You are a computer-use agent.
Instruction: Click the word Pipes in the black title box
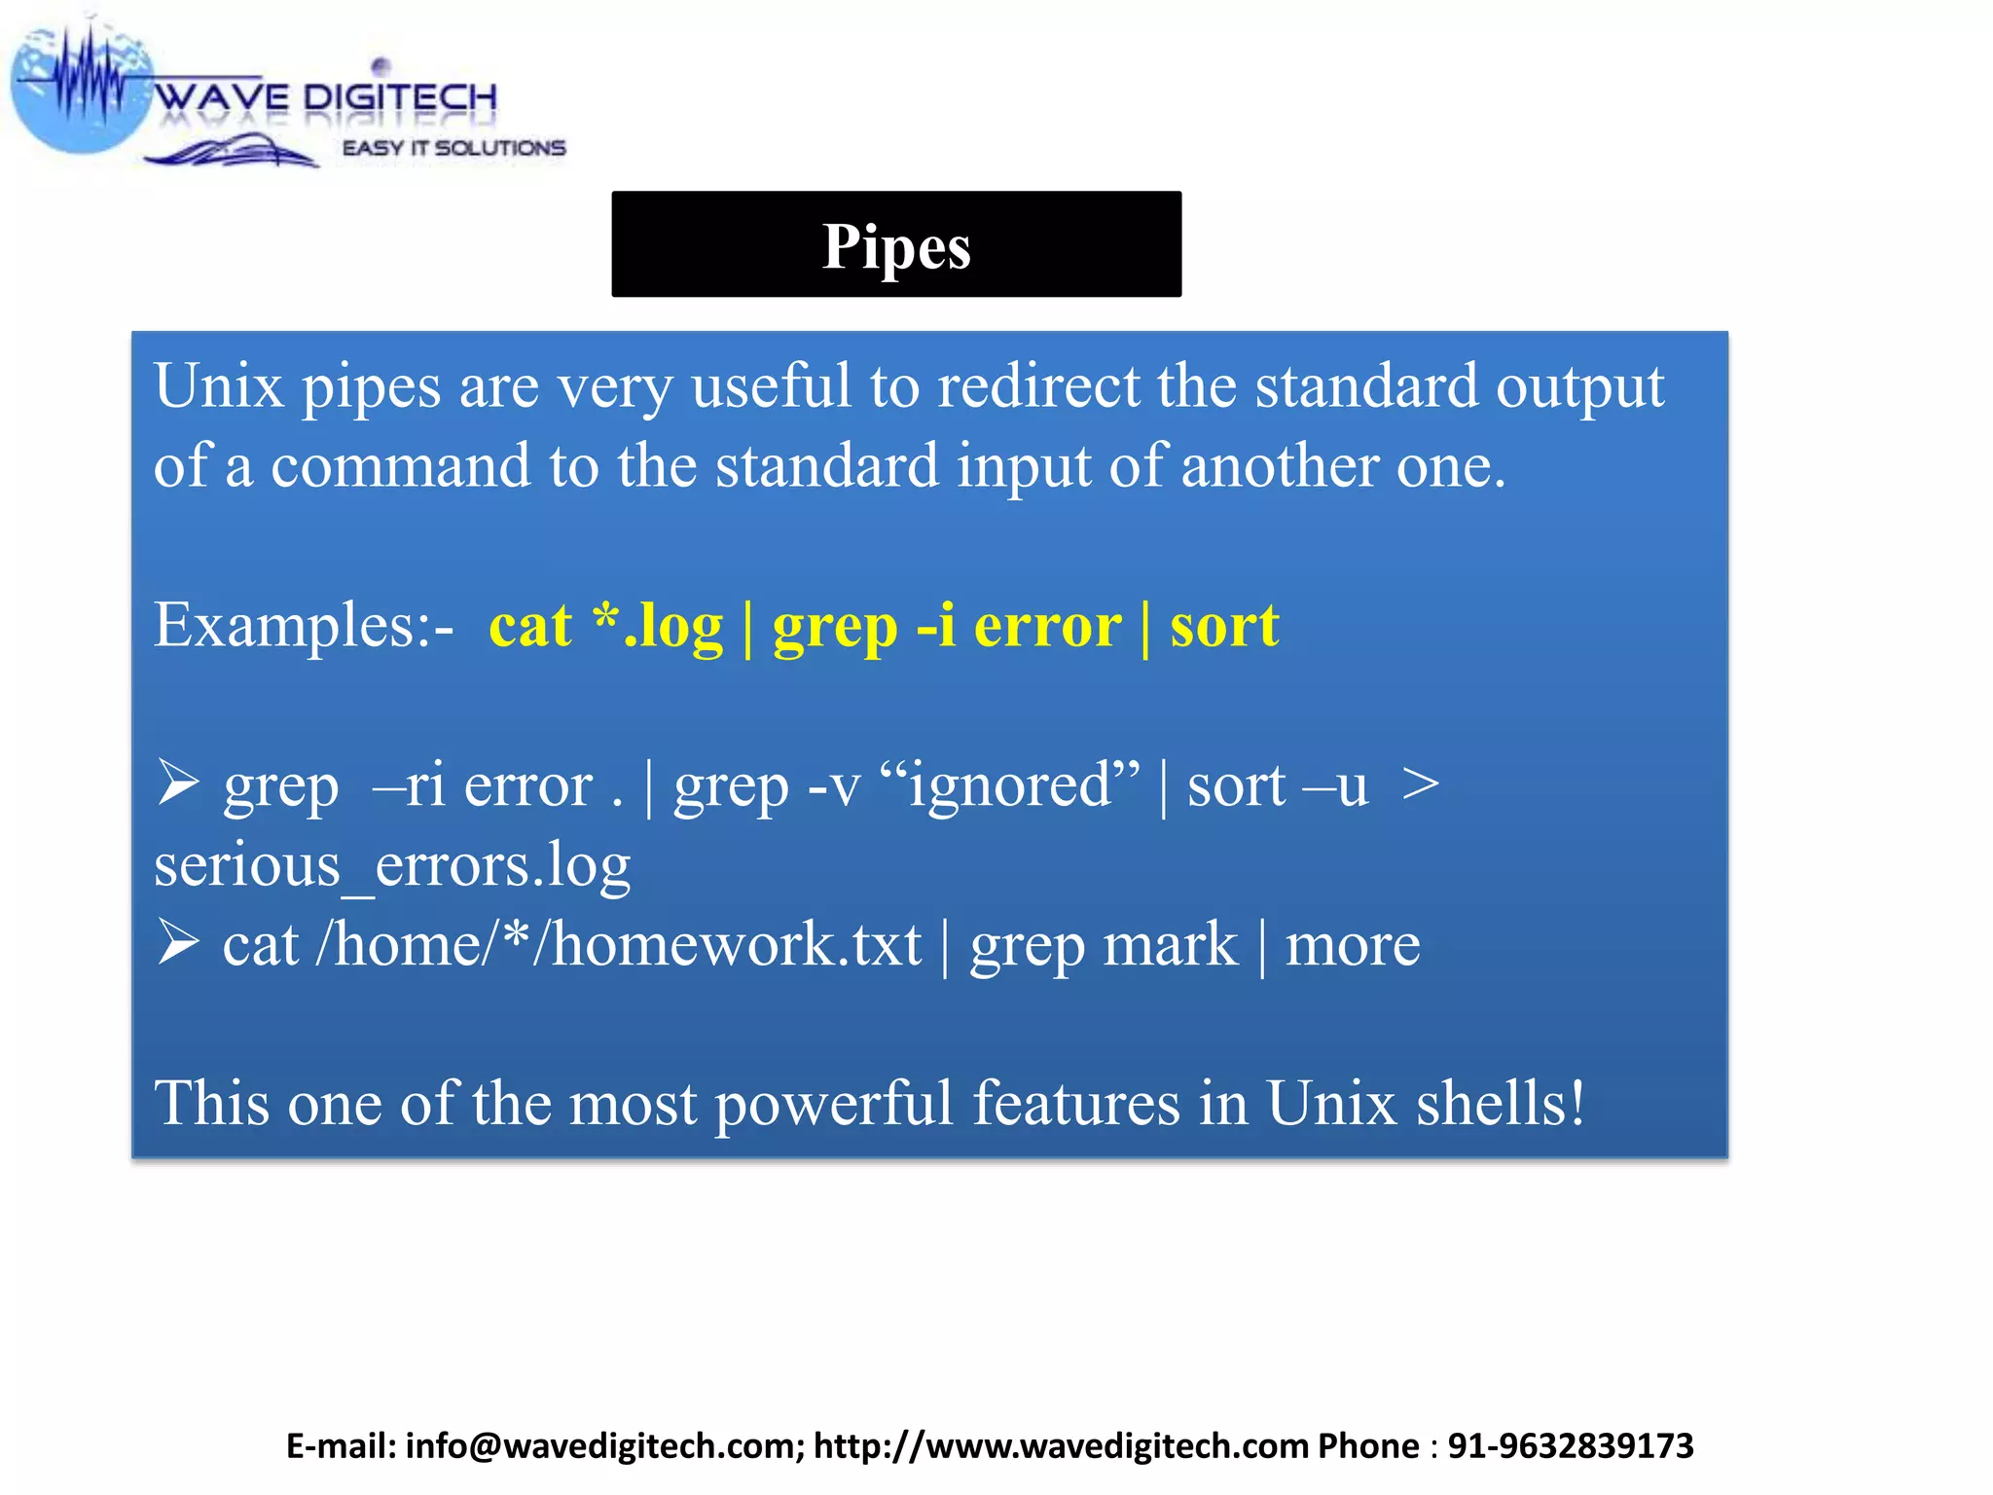[x=896, y=246]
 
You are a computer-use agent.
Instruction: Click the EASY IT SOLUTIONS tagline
[x=453, y=148]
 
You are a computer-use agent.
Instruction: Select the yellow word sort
[x=1224, y=625]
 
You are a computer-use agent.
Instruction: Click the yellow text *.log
[x=659, y=625]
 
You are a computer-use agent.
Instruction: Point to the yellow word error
[x=1047, y=625]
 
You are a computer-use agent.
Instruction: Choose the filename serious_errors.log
[x=392, y=864]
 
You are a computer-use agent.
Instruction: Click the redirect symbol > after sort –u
[x=1420, y=784]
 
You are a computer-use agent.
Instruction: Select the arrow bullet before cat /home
[x=178, y=944]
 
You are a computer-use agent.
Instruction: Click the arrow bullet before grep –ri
[x=178, y=784]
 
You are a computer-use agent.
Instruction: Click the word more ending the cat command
[x=1353, y=944]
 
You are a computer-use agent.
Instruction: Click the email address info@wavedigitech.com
[x=603, y=1446]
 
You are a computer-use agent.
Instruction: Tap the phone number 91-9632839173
[x=1571, y=1446]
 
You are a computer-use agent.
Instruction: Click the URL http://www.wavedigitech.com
[x=1061, y=1446]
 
